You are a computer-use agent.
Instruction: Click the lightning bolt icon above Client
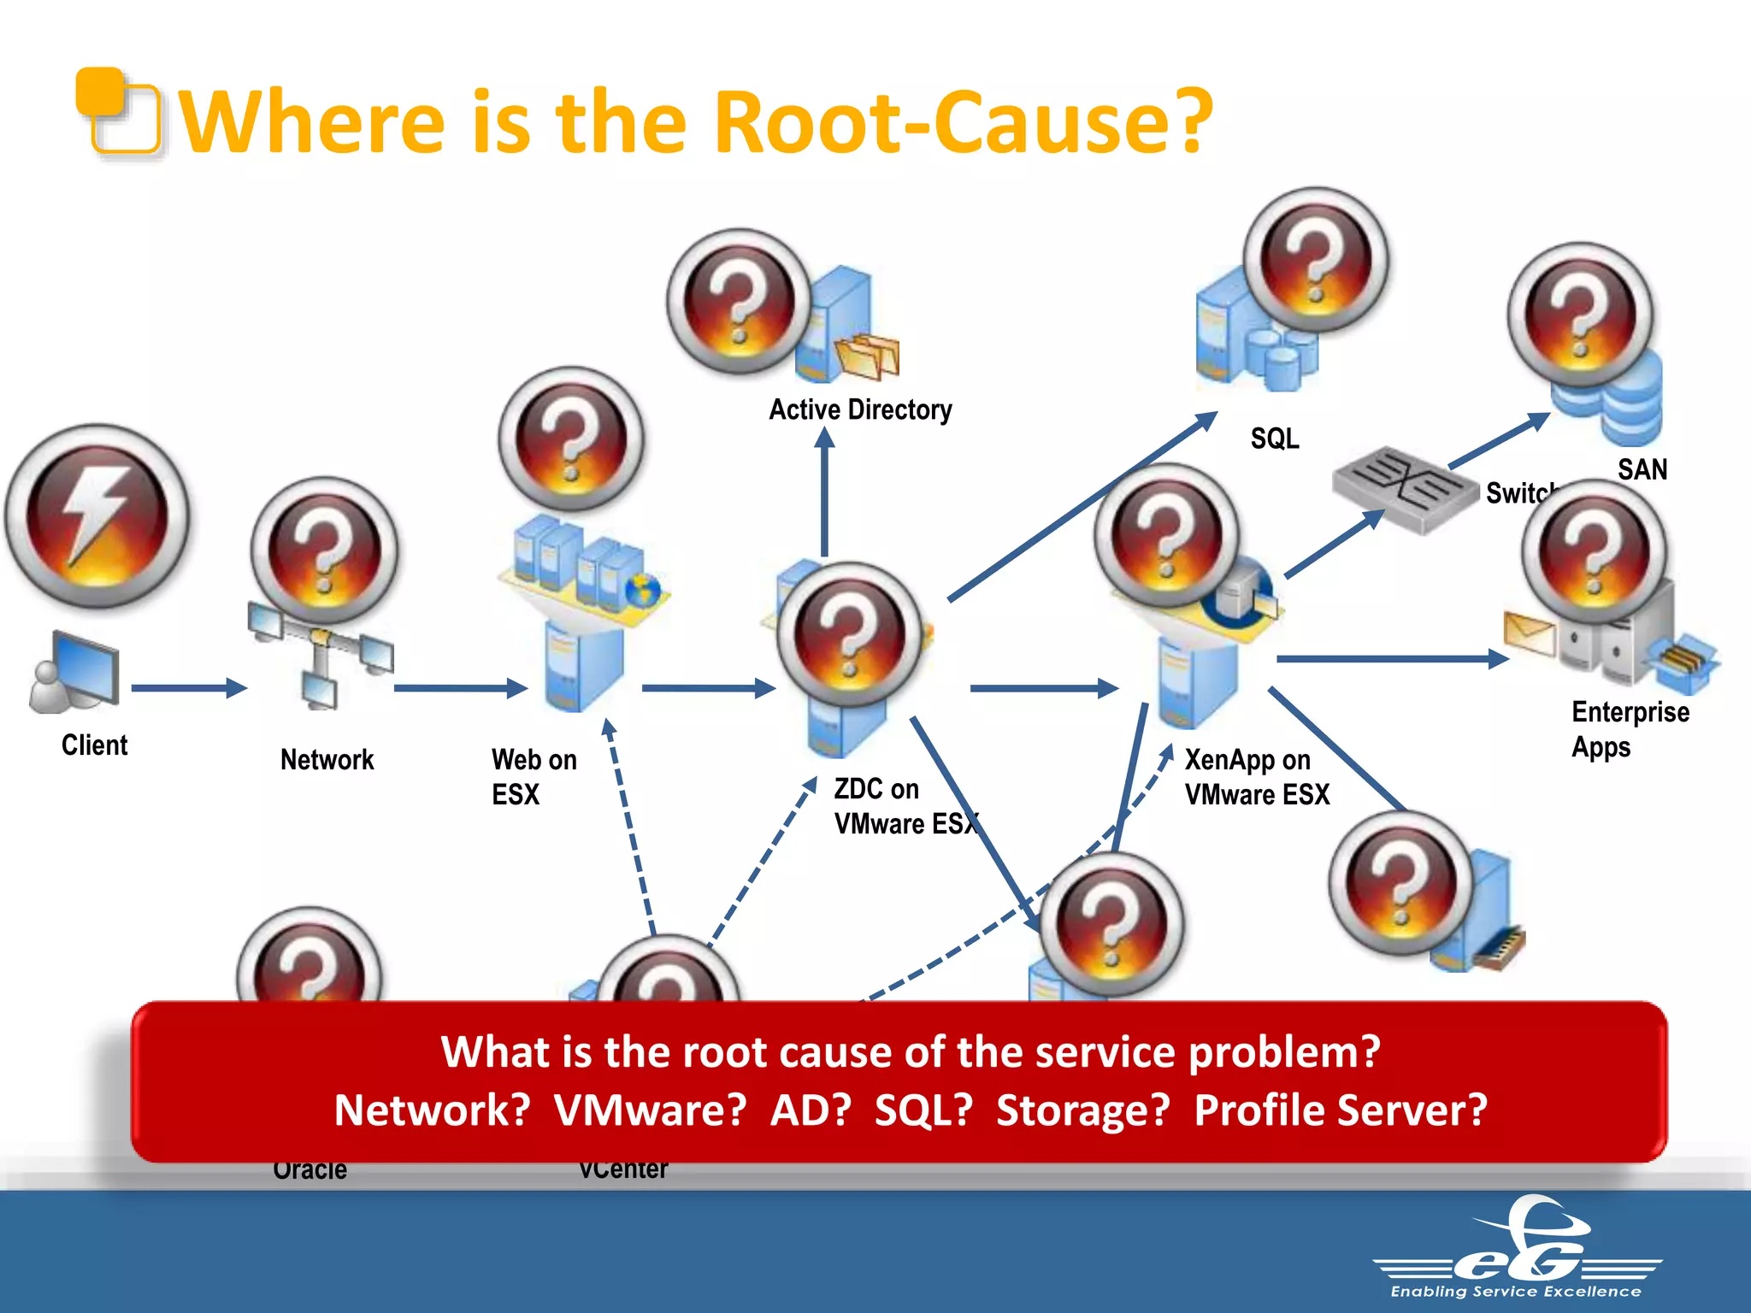coord(96,515)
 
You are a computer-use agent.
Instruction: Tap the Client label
coord(94,745)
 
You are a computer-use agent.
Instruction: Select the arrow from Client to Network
coord(188,688)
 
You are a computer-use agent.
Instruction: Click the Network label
coord(327,760)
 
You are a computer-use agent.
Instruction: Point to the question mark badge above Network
coord(324,550)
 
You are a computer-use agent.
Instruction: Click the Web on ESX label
coord(534,777)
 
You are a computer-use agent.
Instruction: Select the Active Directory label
coord(860,410)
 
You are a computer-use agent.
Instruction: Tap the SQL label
coord(1274,439)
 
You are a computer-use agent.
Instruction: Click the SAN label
coord(1642,469)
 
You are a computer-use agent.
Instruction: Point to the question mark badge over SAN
coord(1580,315)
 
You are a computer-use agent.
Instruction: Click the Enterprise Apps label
coord(1629,729)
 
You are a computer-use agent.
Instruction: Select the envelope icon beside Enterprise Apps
coord(1530,633)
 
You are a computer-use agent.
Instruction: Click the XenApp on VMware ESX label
coord(1256,777)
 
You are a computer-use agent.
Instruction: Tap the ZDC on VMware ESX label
coord(905,806)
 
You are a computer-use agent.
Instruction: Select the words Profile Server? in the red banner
coord(1340,1110)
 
